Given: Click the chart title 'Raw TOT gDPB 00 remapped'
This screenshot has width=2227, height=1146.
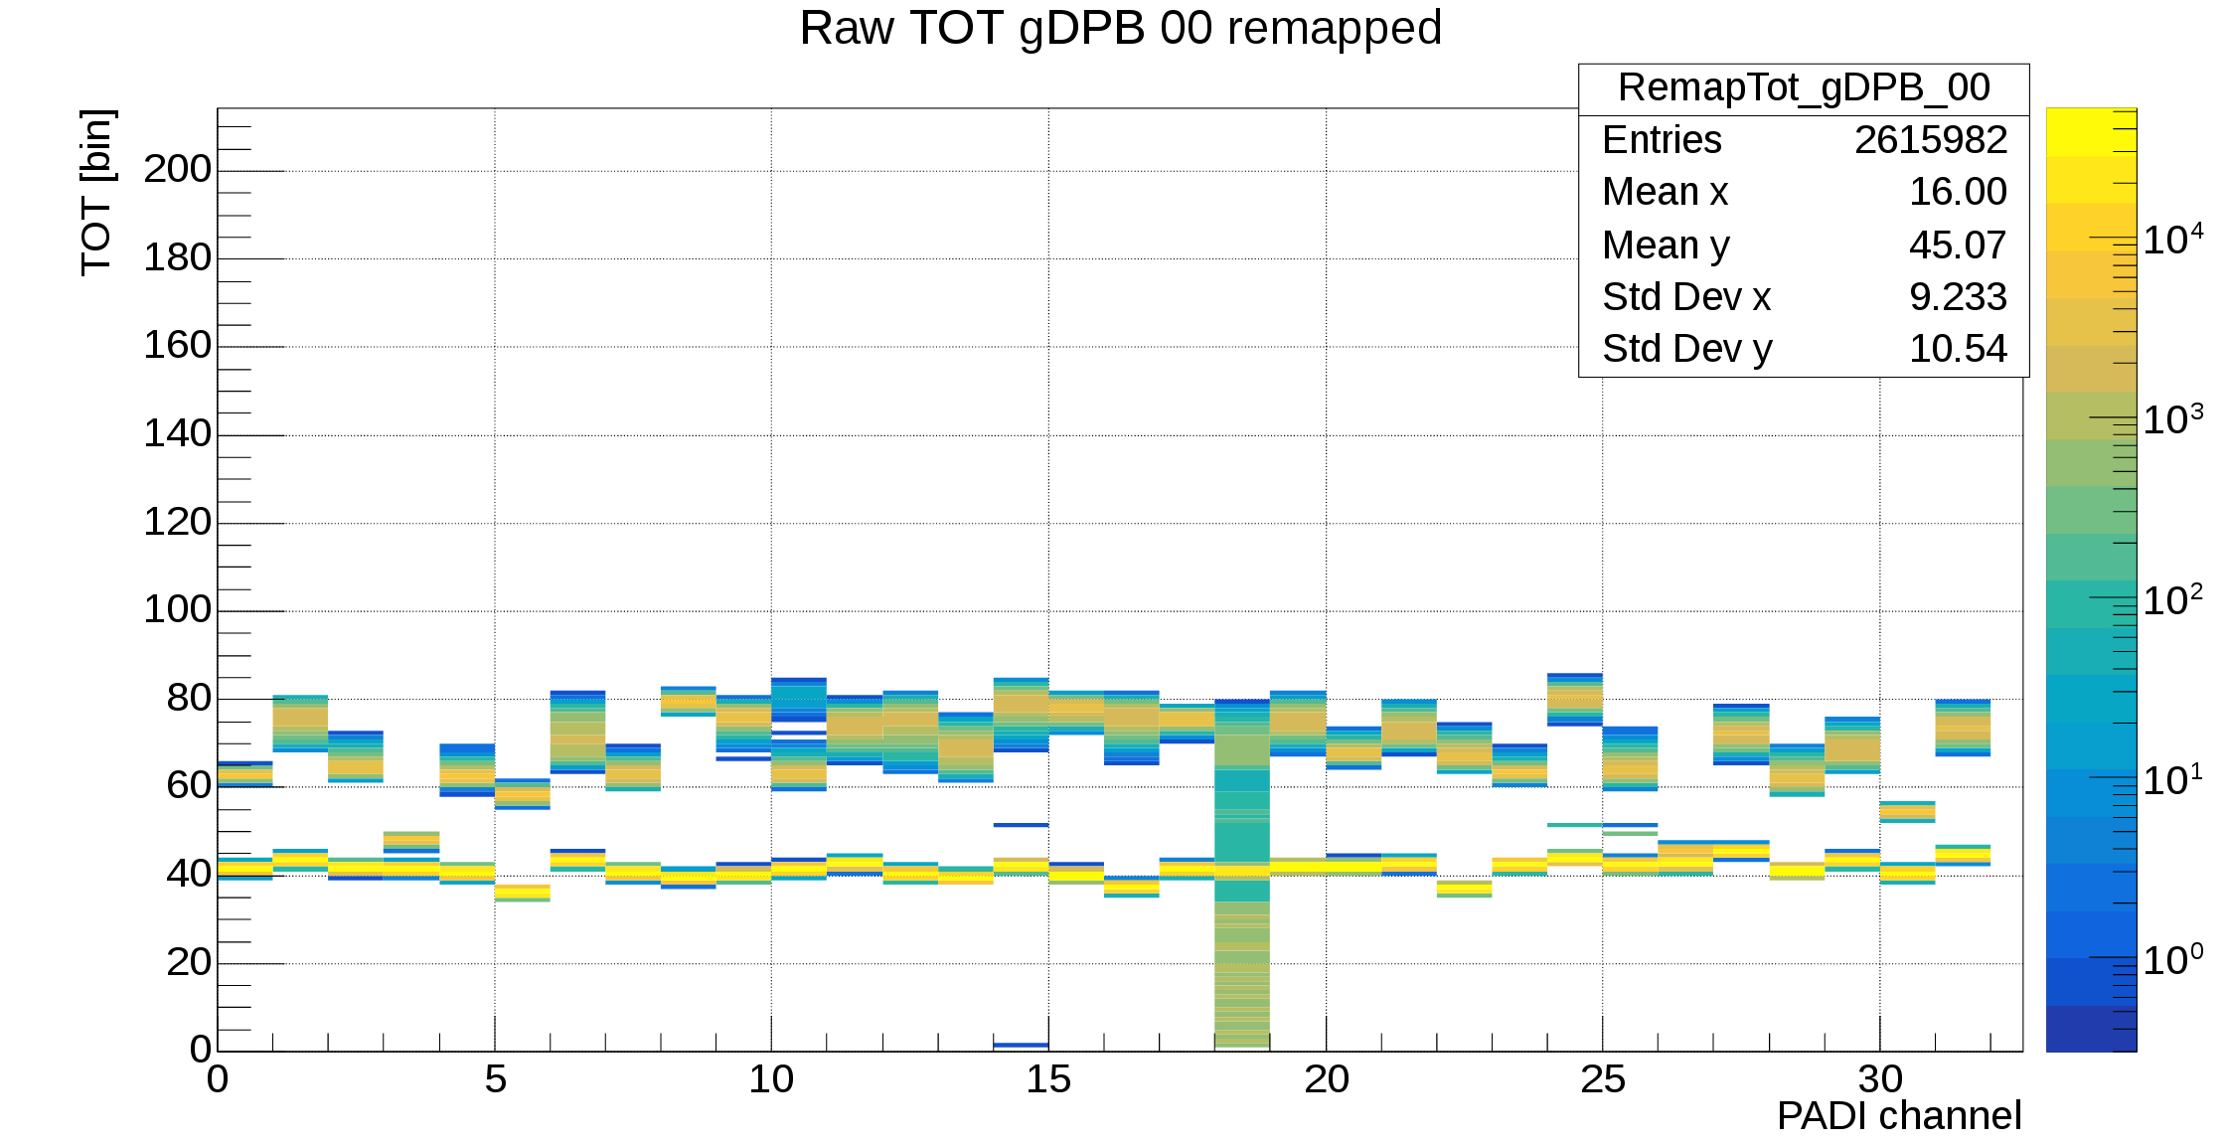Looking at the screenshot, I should tap(1120, 28).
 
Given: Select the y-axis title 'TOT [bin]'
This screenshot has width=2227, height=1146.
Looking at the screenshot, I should tap(97, 192).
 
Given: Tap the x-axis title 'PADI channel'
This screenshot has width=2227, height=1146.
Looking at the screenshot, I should tap(1898, 1116).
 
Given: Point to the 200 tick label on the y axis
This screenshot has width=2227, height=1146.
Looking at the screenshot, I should tap(177, 169).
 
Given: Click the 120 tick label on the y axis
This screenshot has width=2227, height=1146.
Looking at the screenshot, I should tap(177, 522).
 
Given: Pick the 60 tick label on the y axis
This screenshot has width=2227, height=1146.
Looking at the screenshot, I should tap(189, 786).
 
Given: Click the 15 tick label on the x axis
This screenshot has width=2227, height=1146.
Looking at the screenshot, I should tap(1047, 1079).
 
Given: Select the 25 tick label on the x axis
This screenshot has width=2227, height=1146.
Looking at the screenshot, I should tap(1602, 1079).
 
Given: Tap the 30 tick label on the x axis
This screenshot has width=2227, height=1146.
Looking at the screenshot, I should tap(1879, 1079).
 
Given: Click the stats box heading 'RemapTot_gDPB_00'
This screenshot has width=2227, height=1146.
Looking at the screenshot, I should tap(1804, 88).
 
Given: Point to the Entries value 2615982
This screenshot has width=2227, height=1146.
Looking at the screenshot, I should tap(1930, 140).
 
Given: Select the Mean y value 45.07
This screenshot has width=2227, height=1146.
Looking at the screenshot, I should tap(1957, 246).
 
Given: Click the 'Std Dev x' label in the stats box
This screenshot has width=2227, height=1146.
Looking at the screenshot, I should tap(1686, 297).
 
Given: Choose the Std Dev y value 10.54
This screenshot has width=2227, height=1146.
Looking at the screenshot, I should tap(1957, 349).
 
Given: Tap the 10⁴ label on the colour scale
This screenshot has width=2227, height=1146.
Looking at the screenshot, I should tap(2172, 240).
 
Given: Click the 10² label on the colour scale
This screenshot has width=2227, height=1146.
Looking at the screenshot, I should tap(2172, 600).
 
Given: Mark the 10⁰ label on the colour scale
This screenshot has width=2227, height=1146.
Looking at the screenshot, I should tap(2172, 960).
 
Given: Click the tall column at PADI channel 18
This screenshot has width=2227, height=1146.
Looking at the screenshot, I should tap(1241, 875).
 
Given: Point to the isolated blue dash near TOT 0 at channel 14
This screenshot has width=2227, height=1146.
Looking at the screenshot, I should tap(1021, 1045).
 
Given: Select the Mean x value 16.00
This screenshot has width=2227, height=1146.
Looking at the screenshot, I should tap(1957, 192).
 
